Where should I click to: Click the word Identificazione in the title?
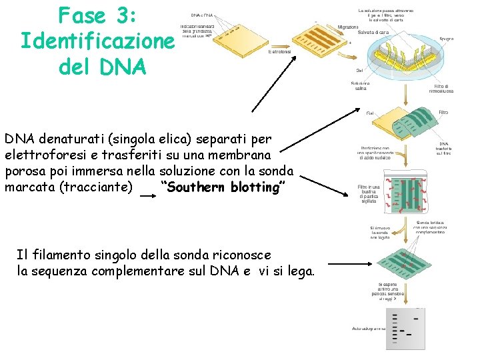click(97, 41)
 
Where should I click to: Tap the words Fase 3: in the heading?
click(97, 15)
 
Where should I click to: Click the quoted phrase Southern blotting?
click(223, 187)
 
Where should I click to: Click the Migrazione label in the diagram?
click(348, 27)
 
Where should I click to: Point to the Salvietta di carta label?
click(373, 33)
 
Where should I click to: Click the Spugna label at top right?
click(446, 39)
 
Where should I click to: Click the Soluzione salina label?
click(361, 86)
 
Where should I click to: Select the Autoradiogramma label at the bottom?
click(369, 328)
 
